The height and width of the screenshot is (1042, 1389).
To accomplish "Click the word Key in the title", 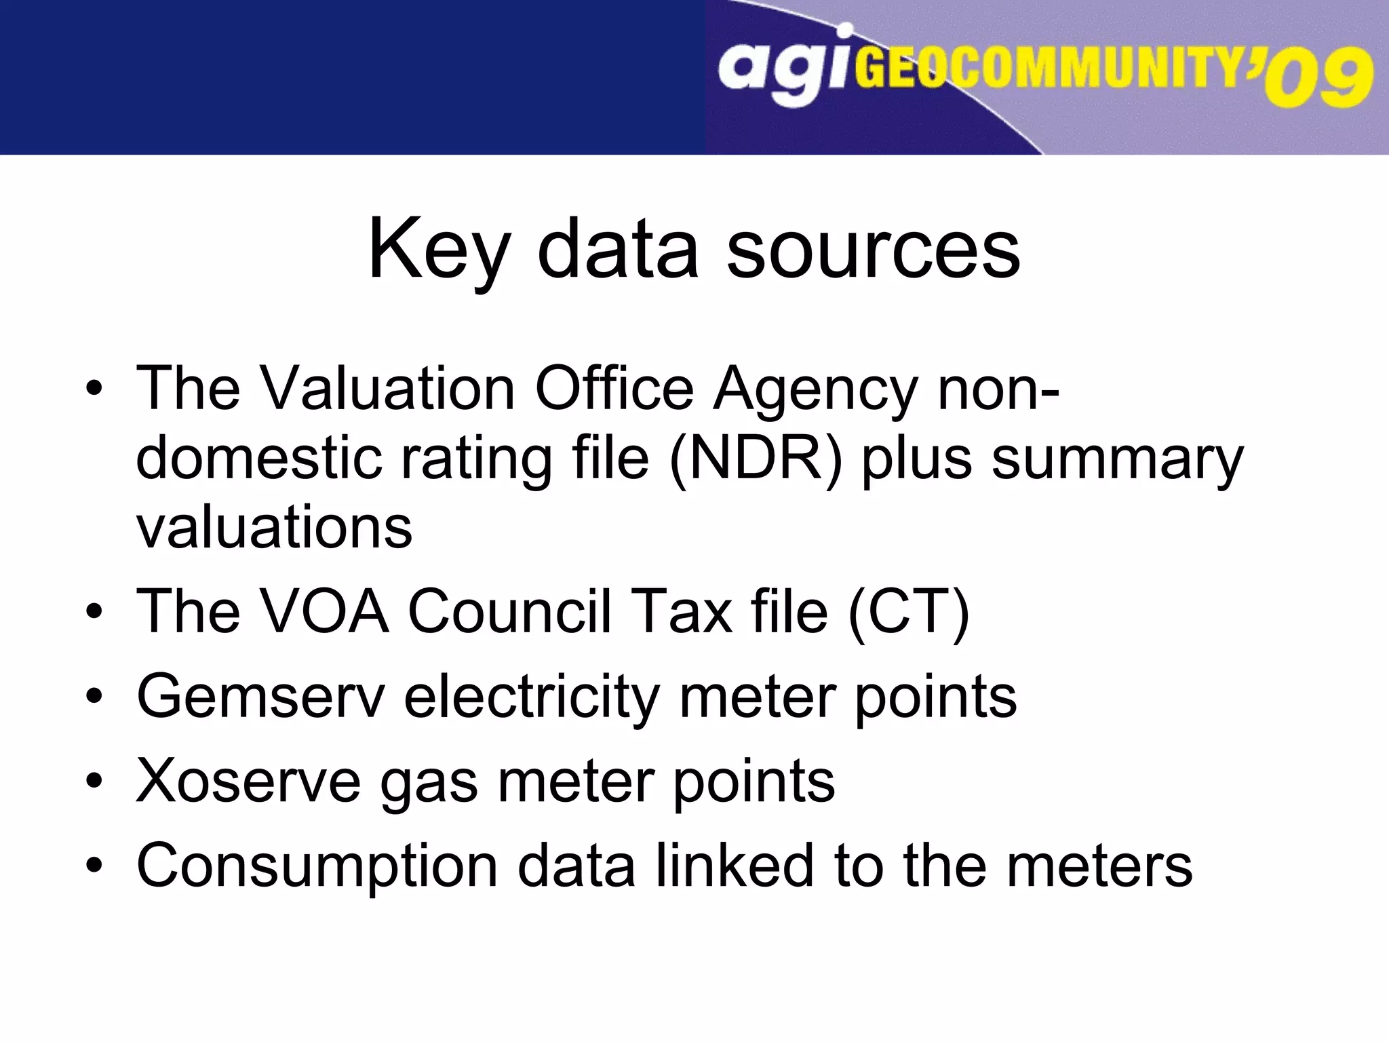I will (x=438, y=250).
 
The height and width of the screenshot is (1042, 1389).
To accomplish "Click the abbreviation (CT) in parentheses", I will (x=909, y=612).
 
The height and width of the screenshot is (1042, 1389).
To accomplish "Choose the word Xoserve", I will (x=248, y=781).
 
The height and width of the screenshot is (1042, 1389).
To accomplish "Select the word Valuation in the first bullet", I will (x=389, y=389).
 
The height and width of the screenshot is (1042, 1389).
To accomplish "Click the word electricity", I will (x=532, y=697).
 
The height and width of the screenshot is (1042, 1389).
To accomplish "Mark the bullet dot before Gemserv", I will (x=95, y=697).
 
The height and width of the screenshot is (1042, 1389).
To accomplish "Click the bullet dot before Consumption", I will (x=95, y=866).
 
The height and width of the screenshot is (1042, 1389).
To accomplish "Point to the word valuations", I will (x=274, y=528).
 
